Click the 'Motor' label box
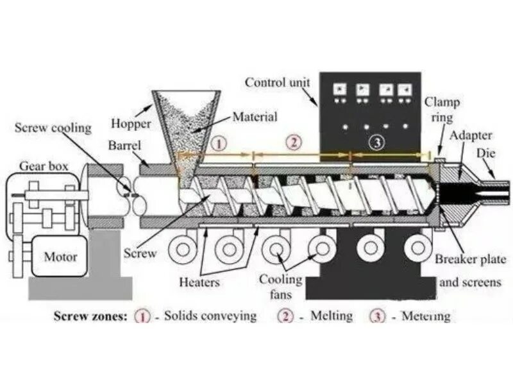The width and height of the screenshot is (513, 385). click(60, 257)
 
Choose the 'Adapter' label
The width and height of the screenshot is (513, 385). click(471, 135)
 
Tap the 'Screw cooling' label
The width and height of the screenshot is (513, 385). click(53, 128)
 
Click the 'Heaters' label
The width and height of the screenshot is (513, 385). click(199, 282)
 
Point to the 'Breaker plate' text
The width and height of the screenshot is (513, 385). click(471, 259)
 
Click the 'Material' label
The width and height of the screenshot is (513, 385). click(255, 117)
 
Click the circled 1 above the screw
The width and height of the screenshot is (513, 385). click(219, 143)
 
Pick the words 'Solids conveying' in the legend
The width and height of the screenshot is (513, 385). click(210, 316)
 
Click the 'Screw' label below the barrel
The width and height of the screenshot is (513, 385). click(140, 253)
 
